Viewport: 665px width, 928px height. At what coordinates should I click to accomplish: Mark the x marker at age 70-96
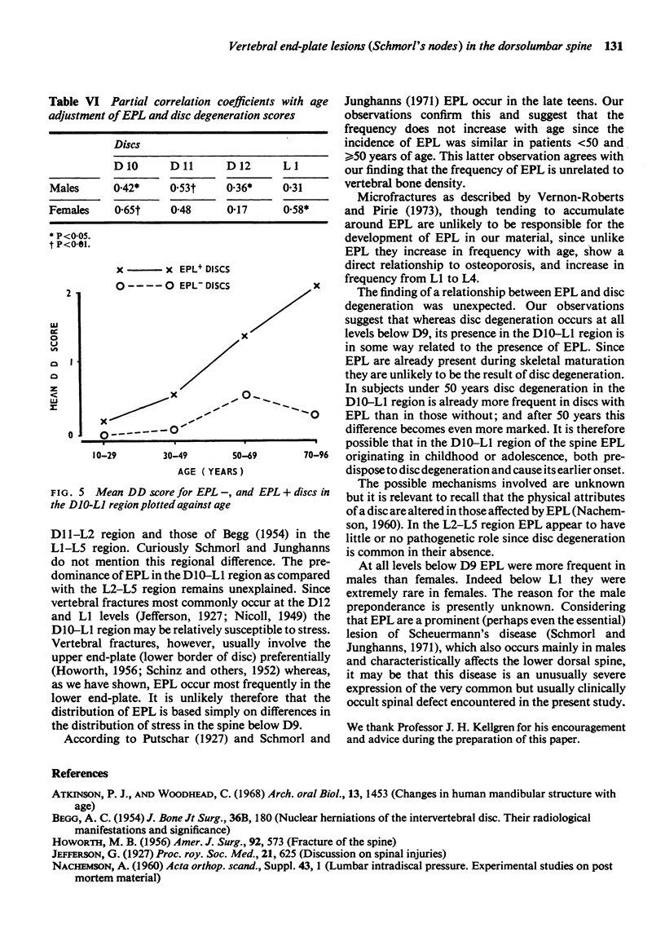[x=316, y=285]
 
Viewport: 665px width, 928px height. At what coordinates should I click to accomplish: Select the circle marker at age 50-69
[x=245, y=395]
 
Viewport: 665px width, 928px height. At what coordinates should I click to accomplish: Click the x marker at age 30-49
[x=174, y=396]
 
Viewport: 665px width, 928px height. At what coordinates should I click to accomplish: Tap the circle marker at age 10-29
[x=103, y=435]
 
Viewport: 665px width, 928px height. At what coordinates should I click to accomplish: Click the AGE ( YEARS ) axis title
[x=209, y=471]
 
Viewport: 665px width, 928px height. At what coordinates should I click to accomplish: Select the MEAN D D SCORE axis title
[x=51, y=363]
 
